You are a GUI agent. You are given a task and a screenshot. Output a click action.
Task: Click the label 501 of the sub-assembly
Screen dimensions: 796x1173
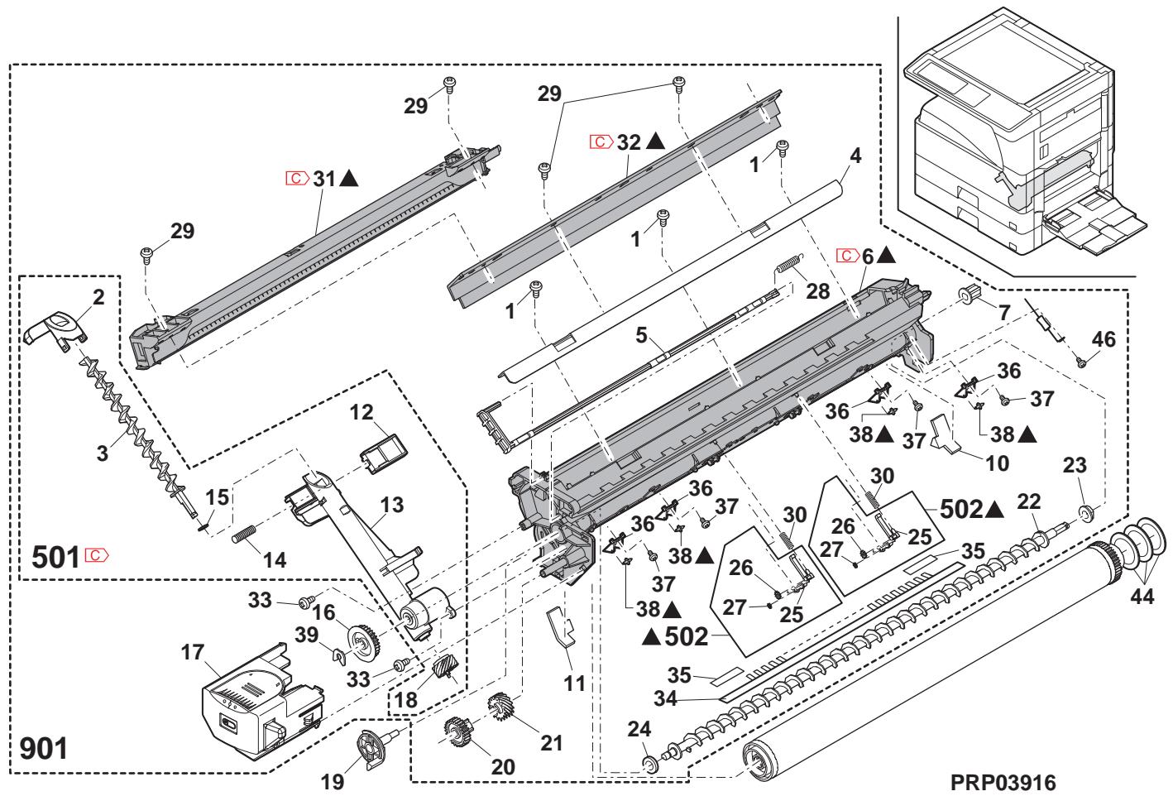click(x=56, y=556)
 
